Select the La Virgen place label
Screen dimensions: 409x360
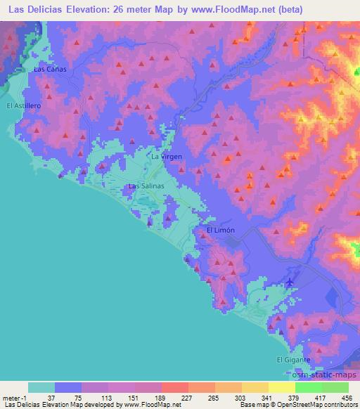pos(167,157)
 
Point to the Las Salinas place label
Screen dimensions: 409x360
pos(146,186)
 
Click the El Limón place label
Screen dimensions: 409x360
pos(219,231)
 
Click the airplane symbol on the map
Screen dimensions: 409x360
pos(290,282)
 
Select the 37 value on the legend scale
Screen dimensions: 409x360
pos(49,397)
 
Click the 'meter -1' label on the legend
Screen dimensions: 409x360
pos(14,397)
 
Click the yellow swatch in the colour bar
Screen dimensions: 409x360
pos(255,387)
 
